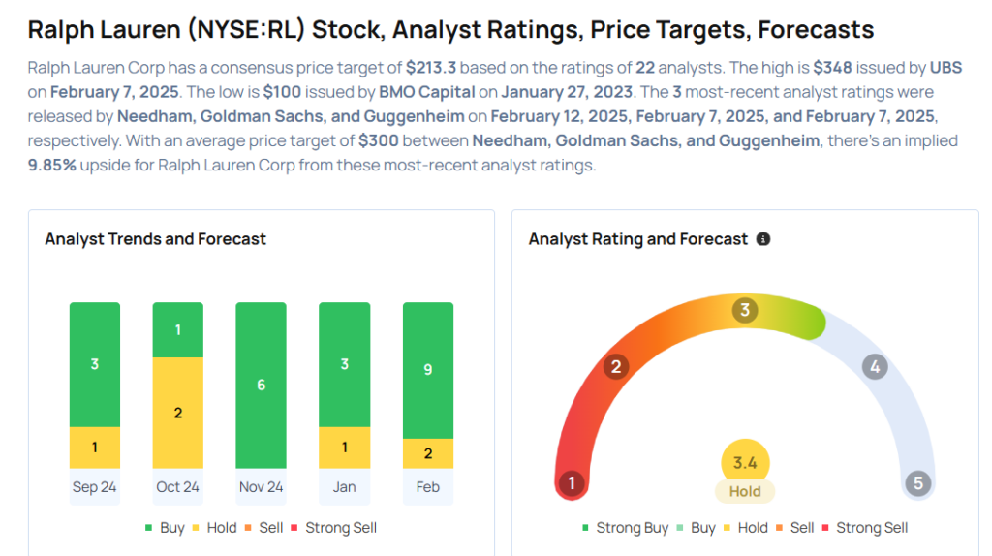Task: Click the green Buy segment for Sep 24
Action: (95, 364)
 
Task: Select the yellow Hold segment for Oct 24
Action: (178, 413)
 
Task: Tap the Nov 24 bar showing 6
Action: (262, 385)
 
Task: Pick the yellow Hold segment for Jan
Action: (345, 448)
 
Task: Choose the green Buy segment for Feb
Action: (428, 370)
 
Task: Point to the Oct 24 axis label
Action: (178, 486)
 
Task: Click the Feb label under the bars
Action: (428, 486)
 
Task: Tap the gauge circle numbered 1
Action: (572, 483)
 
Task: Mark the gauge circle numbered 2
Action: (614, 366)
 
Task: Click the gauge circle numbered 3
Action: (745, 310)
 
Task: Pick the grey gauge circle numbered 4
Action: (875, 366)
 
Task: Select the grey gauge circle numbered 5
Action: (916, 483)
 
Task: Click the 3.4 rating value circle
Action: (745, 463)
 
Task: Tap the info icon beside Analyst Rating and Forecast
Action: (763, 238)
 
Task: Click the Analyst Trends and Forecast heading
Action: (155, 238)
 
